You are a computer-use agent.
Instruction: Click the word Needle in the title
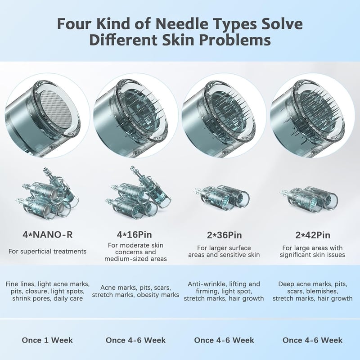(x=182, y=24)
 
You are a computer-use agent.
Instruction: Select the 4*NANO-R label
(x=48, y=234)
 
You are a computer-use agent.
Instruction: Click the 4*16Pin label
(x=134, y=234)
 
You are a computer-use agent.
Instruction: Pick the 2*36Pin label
(x=224, y=235)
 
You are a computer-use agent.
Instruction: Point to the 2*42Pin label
(x=313, y=235)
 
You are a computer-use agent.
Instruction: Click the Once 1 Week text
(x=47, y=340)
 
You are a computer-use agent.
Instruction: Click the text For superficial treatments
(x=48, y=252)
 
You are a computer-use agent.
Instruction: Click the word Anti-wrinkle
(x=205, y=284)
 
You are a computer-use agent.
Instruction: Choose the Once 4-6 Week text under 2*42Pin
(x=312, y=340)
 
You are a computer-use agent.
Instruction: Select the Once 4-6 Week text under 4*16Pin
(x=136, y=340)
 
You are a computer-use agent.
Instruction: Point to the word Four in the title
(x=72, y=24)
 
